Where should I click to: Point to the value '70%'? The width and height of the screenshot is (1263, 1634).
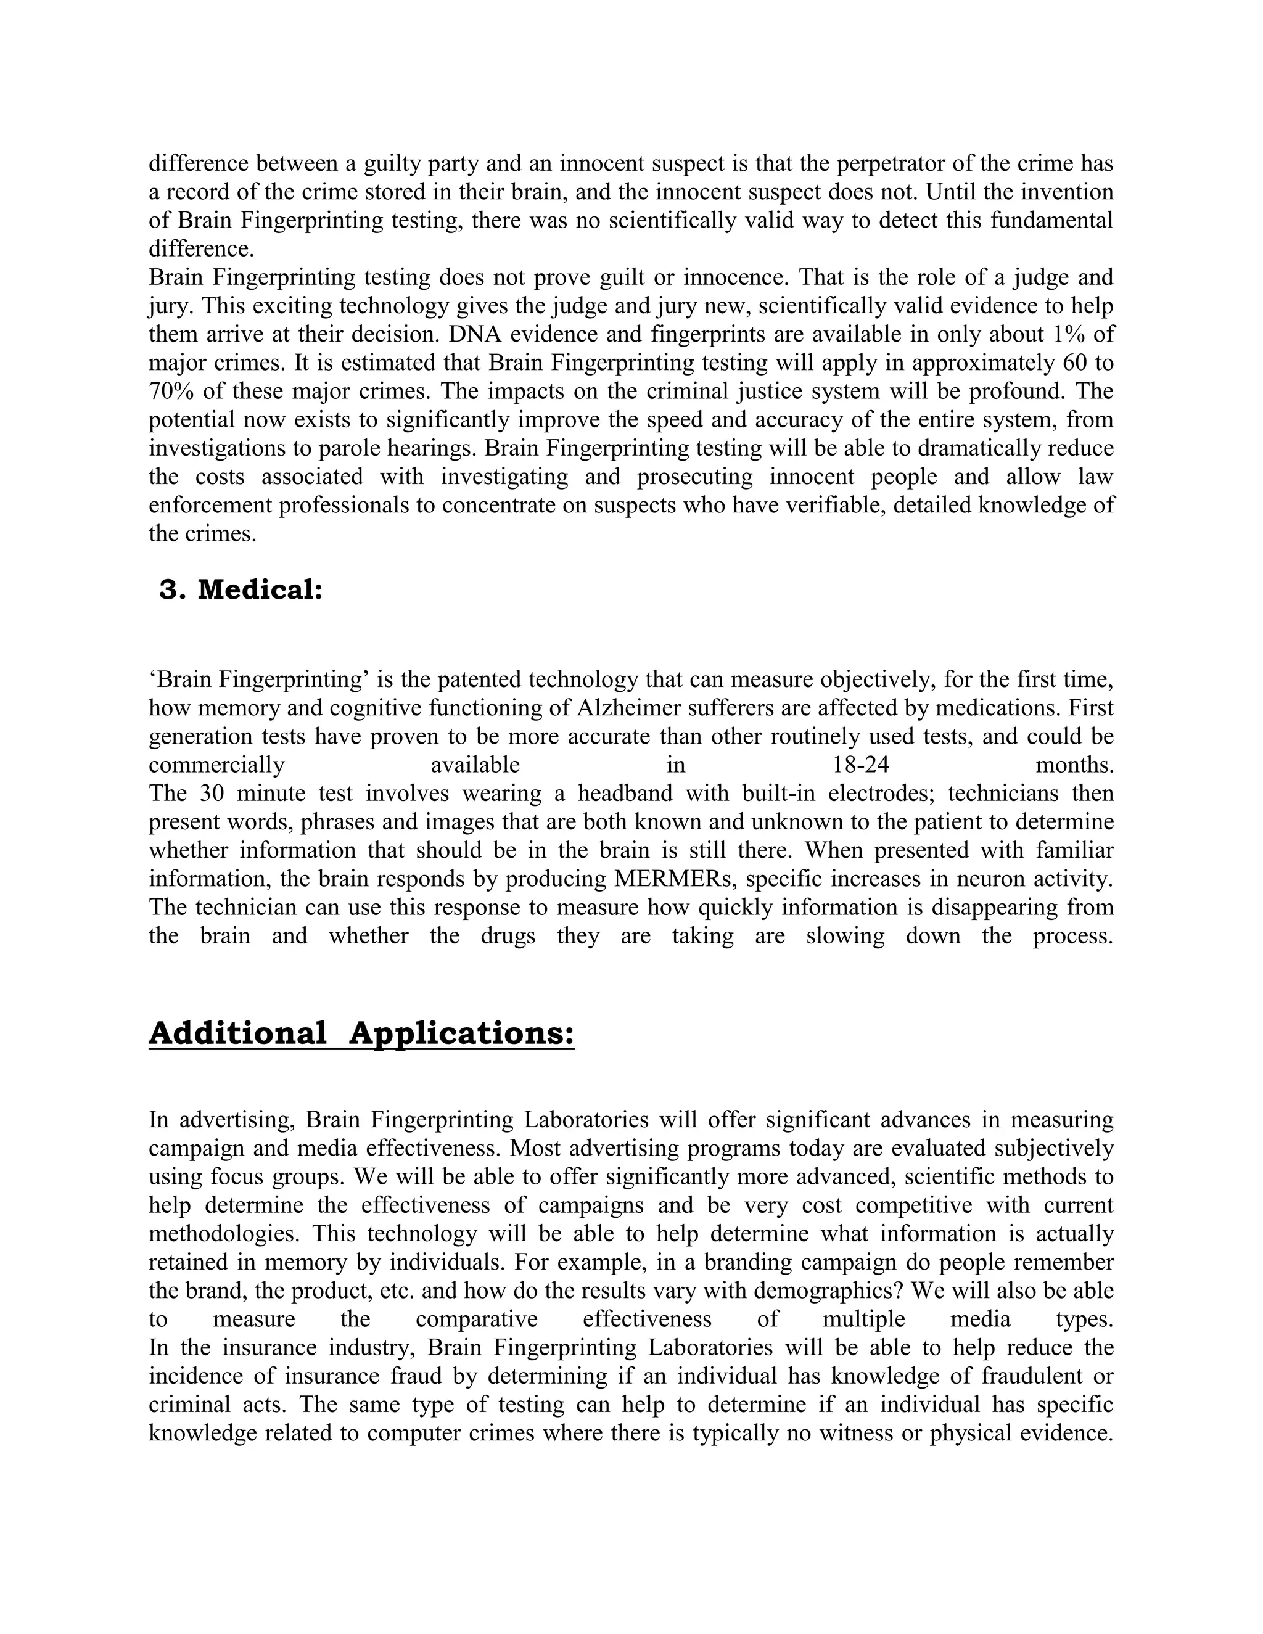pos(169,392)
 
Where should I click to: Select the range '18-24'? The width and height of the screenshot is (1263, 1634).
pos(860,765)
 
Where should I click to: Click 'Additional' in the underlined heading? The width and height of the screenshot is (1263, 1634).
pos(238,1034)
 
